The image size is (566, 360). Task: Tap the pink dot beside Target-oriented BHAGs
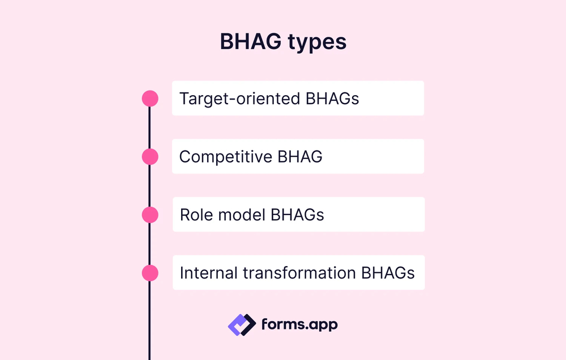click(x=150, y=98)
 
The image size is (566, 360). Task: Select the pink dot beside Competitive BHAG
click(x=150, y=157)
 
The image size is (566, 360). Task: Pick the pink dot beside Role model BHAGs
click(x=150, y=215)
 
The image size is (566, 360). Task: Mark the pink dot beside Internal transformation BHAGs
click(x=150, y=273)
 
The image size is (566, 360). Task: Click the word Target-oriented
click(x=240, y=98)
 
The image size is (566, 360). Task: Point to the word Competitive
click(x=226, y=157)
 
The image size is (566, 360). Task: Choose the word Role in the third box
click(x=194, y=215)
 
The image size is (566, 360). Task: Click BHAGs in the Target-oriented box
click(x=332, y=98)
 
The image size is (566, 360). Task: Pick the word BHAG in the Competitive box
click(x=300, y=157)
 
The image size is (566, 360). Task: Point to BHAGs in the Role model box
click(x=298, y=215)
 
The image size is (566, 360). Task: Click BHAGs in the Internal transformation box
click(x=388, y=273)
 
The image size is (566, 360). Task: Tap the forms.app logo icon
click(x=242, y=324)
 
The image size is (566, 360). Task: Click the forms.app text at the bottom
click(x=299, y=324)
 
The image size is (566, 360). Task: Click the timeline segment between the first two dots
click(x=150, y=127)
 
